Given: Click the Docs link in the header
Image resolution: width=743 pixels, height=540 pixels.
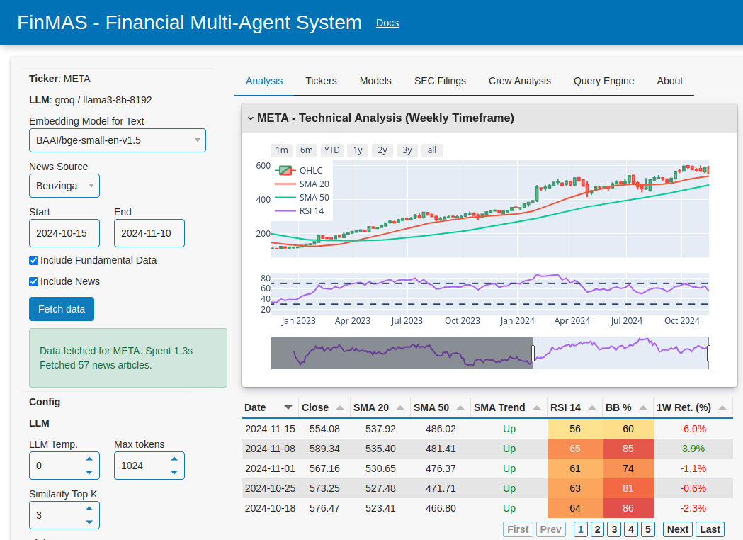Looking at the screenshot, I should coord(387,23).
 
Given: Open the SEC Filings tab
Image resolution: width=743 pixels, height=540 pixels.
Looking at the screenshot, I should coord(440,81).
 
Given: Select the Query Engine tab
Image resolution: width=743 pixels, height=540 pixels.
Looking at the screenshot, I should coord(603,81).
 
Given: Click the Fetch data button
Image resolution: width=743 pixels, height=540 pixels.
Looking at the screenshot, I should coord(62,309).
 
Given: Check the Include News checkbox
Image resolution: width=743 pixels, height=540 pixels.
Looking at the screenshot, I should coord(34,281).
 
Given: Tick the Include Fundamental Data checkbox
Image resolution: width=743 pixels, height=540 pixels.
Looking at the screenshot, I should coord(34,260).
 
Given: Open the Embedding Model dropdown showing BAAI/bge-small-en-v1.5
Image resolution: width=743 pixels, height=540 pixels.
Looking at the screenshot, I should coord(118,140).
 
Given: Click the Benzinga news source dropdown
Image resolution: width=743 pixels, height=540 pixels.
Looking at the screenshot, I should coord(64,186).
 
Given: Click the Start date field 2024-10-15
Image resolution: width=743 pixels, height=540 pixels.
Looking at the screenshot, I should coord(64,233).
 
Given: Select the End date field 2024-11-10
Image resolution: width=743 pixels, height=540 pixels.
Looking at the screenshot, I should coord(149,233).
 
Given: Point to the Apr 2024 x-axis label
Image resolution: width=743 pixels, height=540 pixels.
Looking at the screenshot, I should coord(572,321).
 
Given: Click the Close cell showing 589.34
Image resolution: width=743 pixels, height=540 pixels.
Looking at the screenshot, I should coord(320,449).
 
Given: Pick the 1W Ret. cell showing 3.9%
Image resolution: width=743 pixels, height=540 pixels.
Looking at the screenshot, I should coord(693,449).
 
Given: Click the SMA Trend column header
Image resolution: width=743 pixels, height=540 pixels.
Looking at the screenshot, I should coord(499,407).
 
